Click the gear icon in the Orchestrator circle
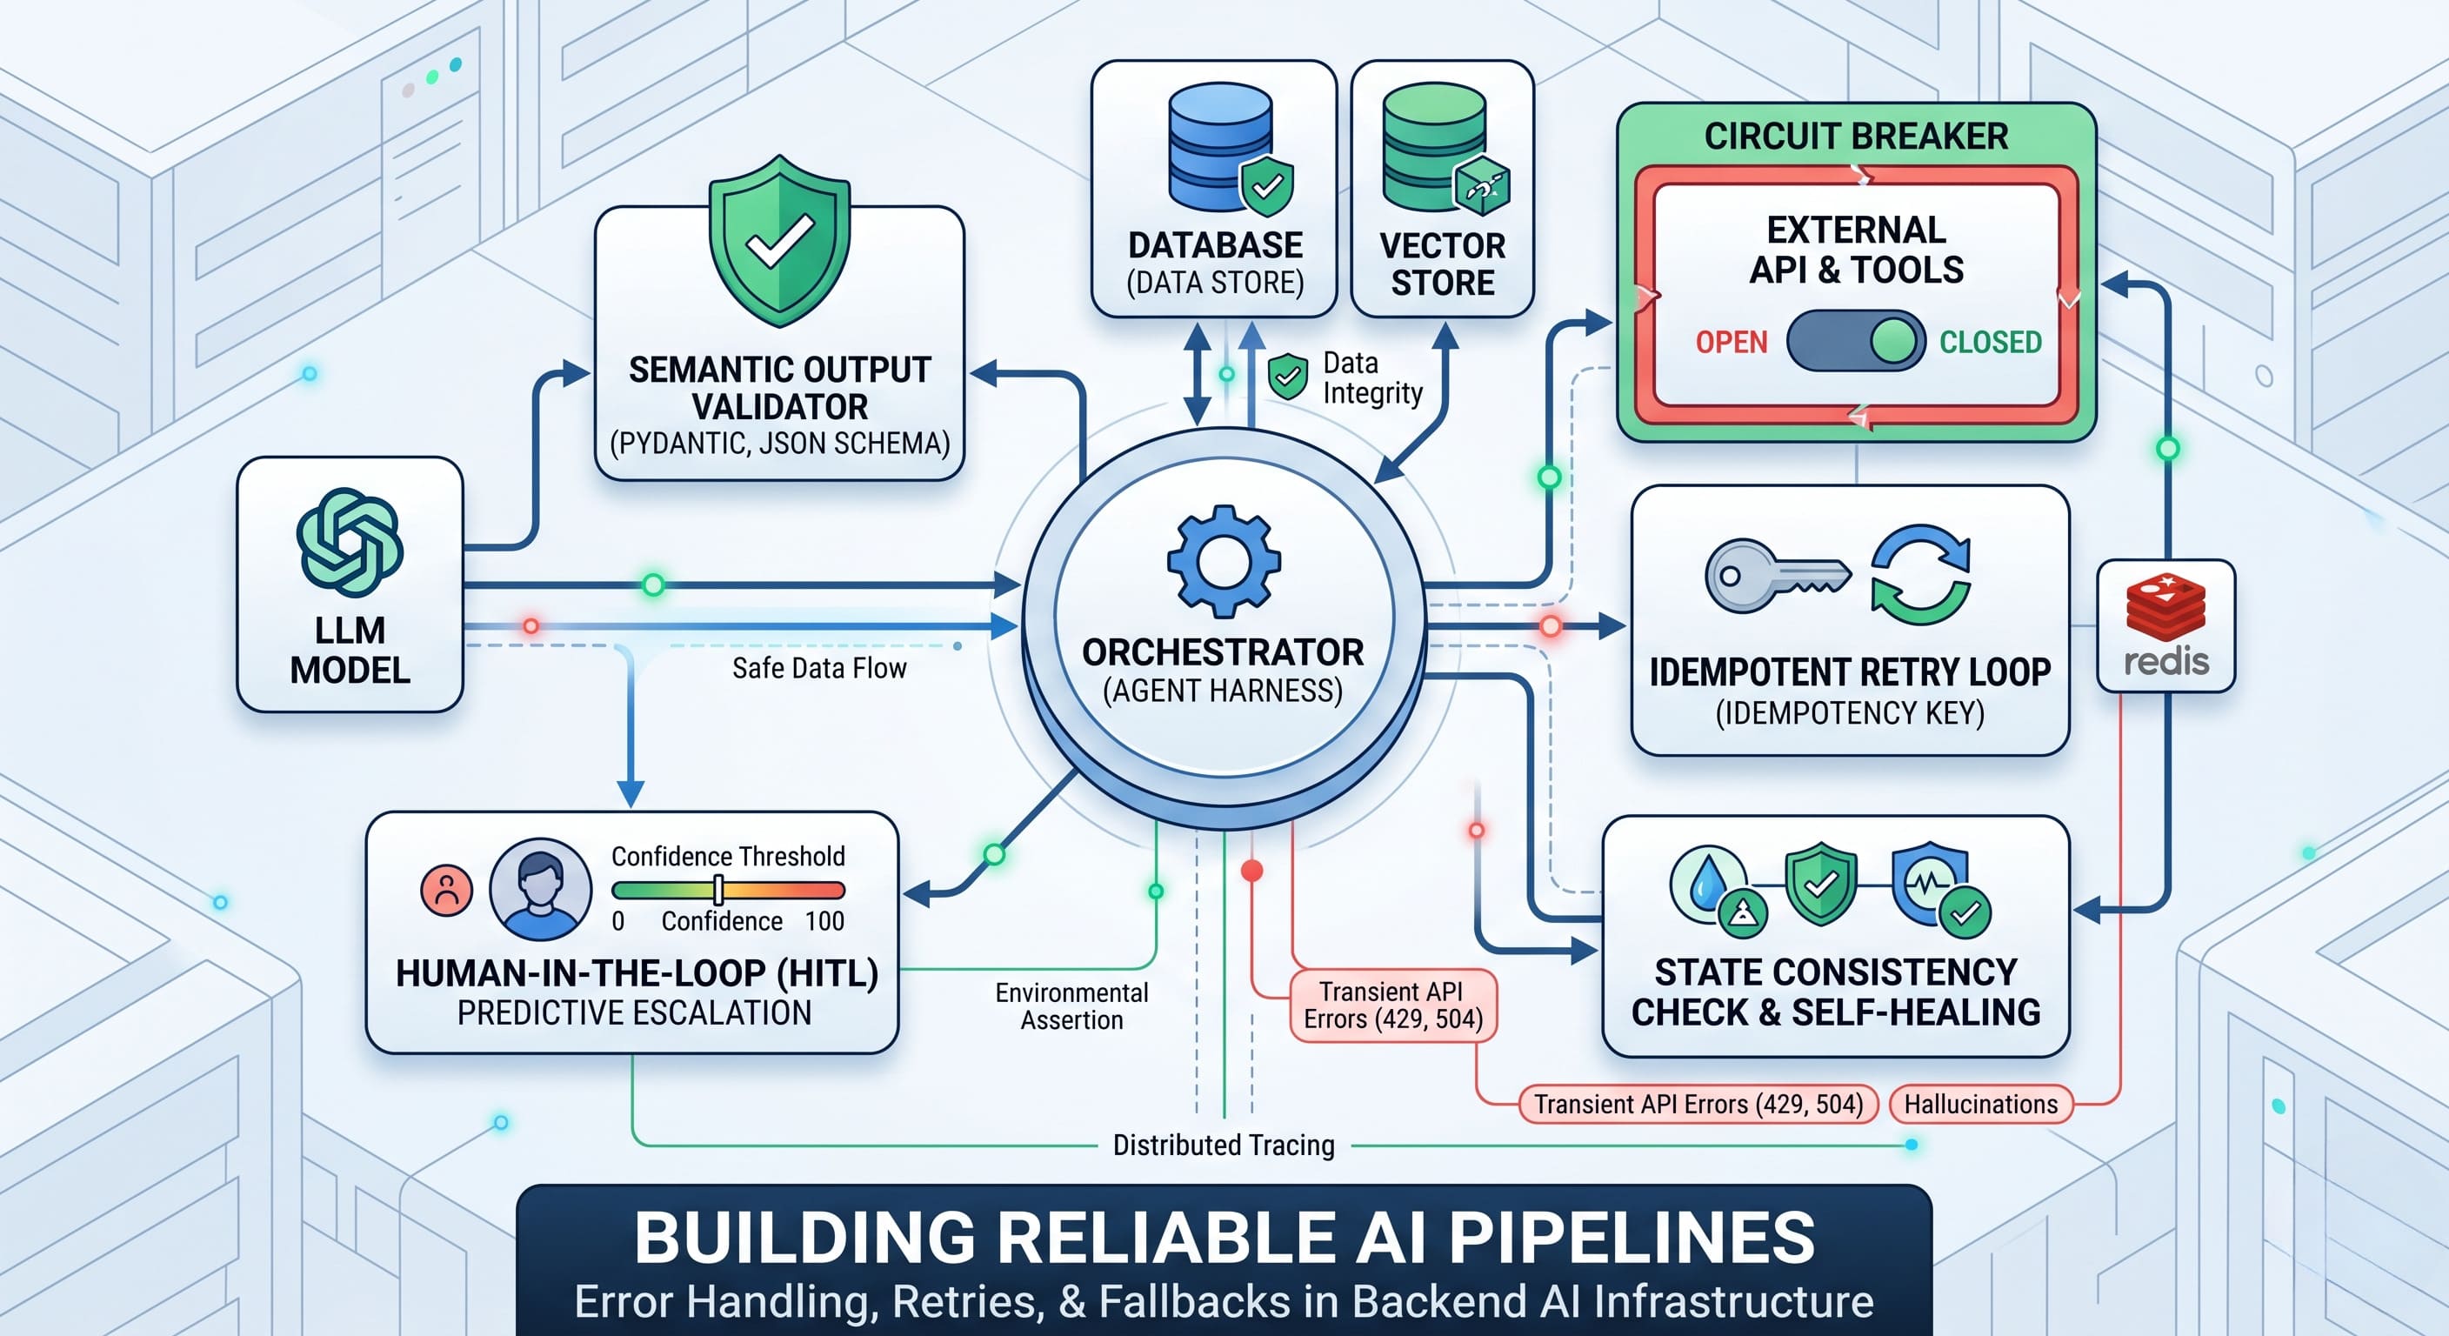coord(1224,561)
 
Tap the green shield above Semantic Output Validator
coord(779,242)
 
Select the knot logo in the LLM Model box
coord(350,542)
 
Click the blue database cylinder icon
coord(1221,146)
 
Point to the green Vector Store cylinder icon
coord(1433,146)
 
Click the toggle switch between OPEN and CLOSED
coord(1856,341)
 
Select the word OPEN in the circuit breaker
coord(1732,343)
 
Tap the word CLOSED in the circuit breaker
coord(1991,343)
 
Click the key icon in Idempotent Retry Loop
coord(1776,575)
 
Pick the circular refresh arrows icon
coord(1920,574)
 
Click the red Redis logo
coord(2165,606)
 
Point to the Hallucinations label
coord(1980,1104)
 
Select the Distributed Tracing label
coord(1224,1145)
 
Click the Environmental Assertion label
coord(1071,1006)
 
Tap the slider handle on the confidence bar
coord(718,890)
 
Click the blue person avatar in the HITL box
coord(540,889)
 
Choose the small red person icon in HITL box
coord(447,891)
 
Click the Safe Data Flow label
coord(818,669)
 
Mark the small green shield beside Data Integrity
coord(1287,377)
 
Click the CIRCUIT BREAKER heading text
coord(1856,136)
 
